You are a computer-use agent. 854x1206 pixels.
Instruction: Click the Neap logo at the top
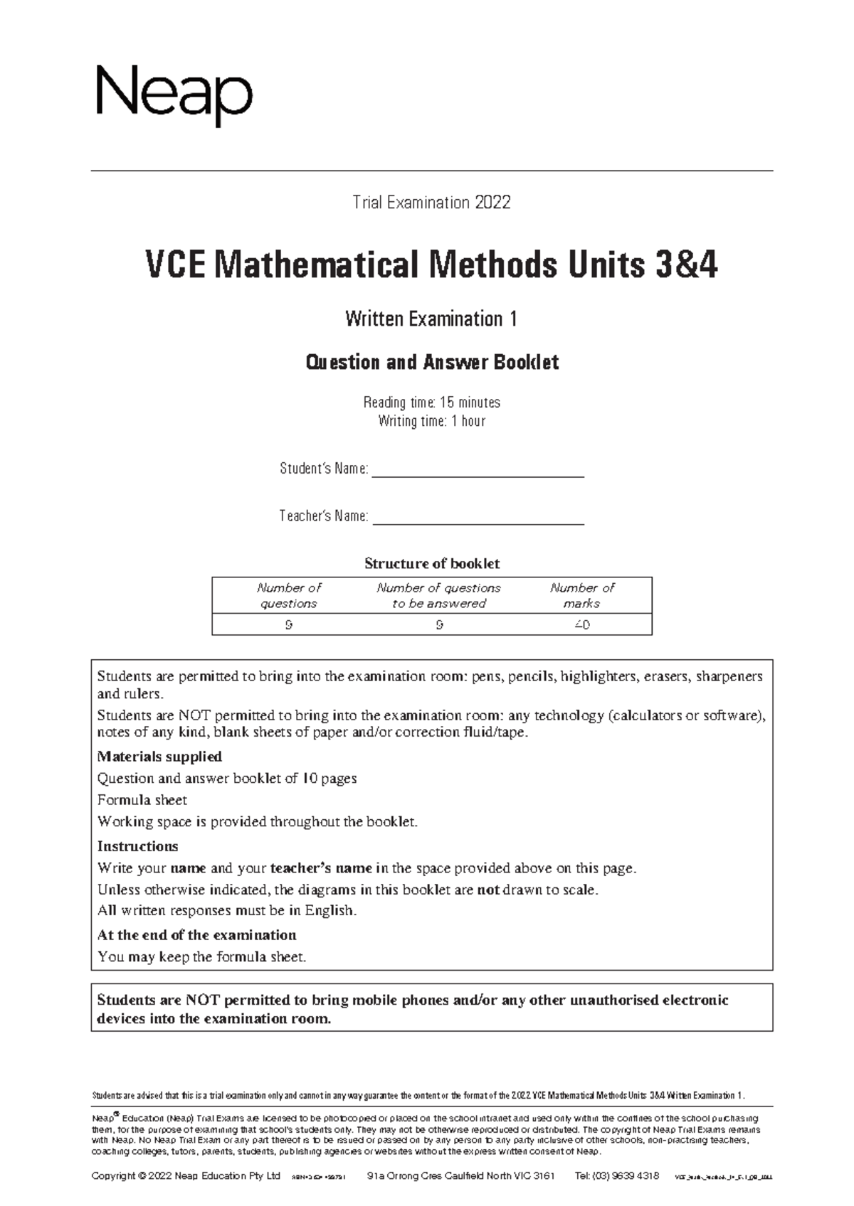coord(174,97)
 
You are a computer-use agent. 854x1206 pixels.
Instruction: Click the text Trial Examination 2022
coord(431,203)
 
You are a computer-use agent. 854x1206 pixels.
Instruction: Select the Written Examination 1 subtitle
coord(431,319)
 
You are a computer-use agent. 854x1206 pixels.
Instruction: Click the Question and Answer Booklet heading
coord(431,363)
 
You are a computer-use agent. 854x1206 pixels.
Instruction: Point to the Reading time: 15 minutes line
coord(431,402)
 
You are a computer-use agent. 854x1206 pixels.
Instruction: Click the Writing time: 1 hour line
coord(431,421)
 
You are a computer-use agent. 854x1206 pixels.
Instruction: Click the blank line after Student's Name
coord(478,474)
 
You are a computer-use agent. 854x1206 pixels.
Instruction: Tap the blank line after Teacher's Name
coord(478,521)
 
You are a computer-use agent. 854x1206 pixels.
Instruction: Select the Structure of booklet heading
coord(431,564)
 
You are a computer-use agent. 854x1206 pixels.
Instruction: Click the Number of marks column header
coord(581,596)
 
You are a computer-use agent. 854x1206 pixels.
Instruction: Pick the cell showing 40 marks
coord(581,625)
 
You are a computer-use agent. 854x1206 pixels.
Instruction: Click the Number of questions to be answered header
coord(438,596)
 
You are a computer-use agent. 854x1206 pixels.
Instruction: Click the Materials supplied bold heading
coord(159,757)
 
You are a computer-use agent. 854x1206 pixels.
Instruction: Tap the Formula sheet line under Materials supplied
coord(142,800)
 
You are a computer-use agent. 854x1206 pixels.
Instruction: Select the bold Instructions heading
coord(137,846)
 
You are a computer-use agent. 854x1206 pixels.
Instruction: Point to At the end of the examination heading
coord(196,935)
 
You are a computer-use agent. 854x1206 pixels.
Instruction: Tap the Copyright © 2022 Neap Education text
coord(186,1175)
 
